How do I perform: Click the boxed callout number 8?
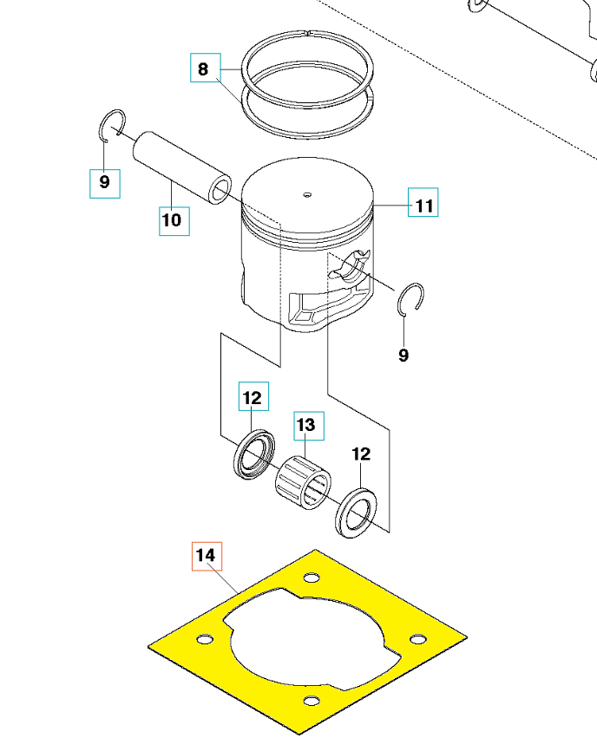(206, 68)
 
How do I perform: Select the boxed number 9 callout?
(105, 184)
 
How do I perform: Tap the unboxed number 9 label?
(403, 355)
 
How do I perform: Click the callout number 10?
(174, 221)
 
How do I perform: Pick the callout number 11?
(423, 202)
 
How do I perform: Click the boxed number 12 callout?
(253, 396)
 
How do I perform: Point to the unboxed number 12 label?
(361, 454)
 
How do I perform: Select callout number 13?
(309, 426)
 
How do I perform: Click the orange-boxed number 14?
(207, 556)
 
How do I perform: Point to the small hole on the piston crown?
(307, 195)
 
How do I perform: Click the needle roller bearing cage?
(303, 482)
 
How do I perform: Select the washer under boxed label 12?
(254, 454)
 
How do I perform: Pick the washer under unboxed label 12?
(356, 513)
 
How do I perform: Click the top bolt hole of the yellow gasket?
(312, 578)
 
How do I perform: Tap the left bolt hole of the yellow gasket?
(205, 639)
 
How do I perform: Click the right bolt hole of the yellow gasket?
(417, 639)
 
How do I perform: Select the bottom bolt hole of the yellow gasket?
(312, 702)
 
